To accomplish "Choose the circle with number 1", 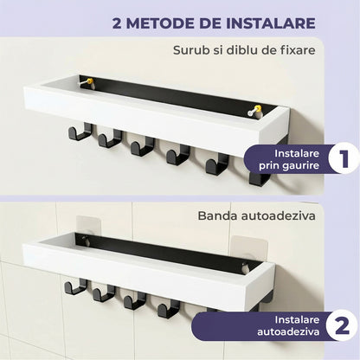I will (318, 159).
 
